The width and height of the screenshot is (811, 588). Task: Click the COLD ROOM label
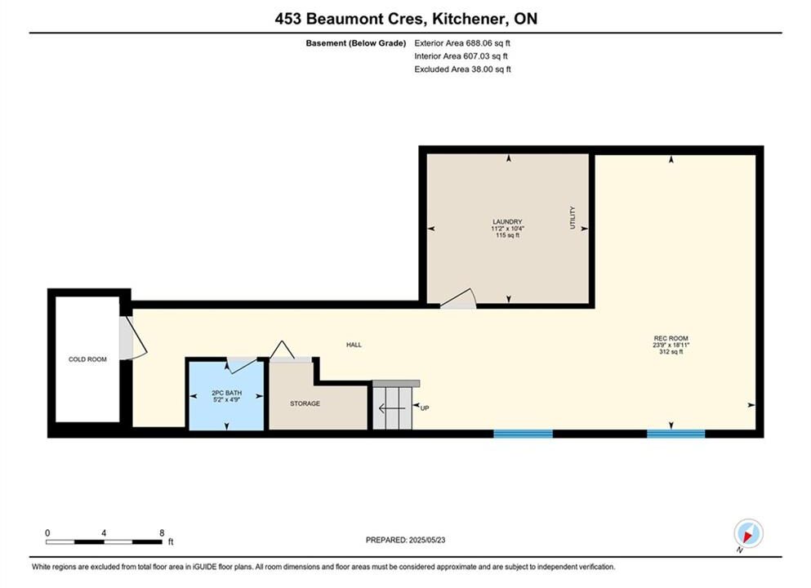(87, 359)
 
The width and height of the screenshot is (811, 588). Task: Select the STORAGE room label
(305, 403)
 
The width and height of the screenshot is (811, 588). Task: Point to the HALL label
(354, 345)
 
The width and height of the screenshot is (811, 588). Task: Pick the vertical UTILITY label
(573, 217)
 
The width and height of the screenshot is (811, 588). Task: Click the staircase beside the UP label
(393, 407)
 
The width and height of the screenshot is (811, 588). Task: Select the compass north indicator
(748, 533)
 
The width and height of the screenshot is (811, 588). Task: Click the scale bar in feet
(104, 542)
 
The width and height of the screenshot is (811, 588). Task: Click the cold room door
(133, 338)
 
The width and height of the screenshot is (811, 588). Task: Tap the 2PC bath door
(242, 364)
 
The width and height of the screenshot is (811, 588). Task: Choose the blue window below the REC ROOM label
(676, 434)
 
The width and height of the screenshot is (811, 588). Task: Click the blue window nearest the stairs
(523, 434)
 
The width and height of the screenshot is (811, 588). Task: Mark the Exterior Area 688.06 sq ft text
(462, 43)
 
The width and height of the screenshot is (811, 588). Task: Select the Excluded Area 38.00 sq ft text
(462, 69)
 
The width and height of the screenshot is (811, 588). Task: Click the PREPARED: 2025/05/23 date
(405, 540)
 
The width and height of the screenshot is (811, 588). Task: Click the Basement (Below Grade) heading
(356, 43)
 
